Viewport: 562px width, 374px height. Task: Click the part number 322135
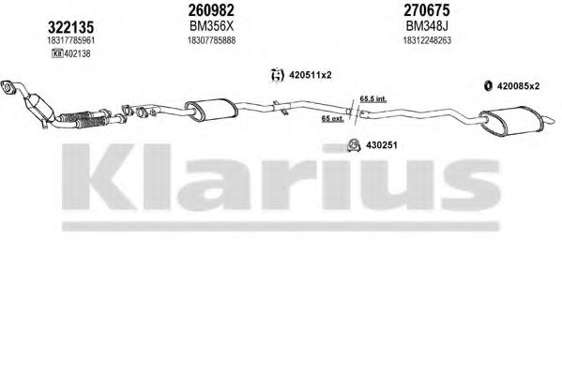pyautogui.click(x=70, y=27)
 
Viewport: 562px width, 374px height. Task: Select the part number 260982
pyautogui.click(x=211, y=10)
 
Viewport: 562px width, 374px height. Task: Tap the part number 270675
pyautogui.click(x=427, y=10)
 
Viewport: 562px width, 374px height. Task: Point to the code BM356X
pyautogui.click(x=211, y=26)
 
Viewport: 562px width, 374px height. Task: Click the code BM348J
pyautogui.click(x=427, y=26)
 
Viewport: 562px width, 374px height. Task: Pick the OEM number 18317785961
pyautogui.click(x=71, y=40)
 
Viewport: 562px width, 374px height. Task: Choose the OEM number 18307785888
pyautogui.click(x=211, y=40)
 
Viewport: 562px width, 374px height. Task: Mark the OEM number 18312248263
pyautogui.click(x=427, y=40)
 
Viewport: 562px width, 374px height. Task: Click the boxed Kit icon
pyautogui.click(x=57, y=53)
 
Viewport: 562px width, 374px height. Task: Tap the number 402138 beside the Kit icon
pyautogui.click(x=77, y=53)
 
